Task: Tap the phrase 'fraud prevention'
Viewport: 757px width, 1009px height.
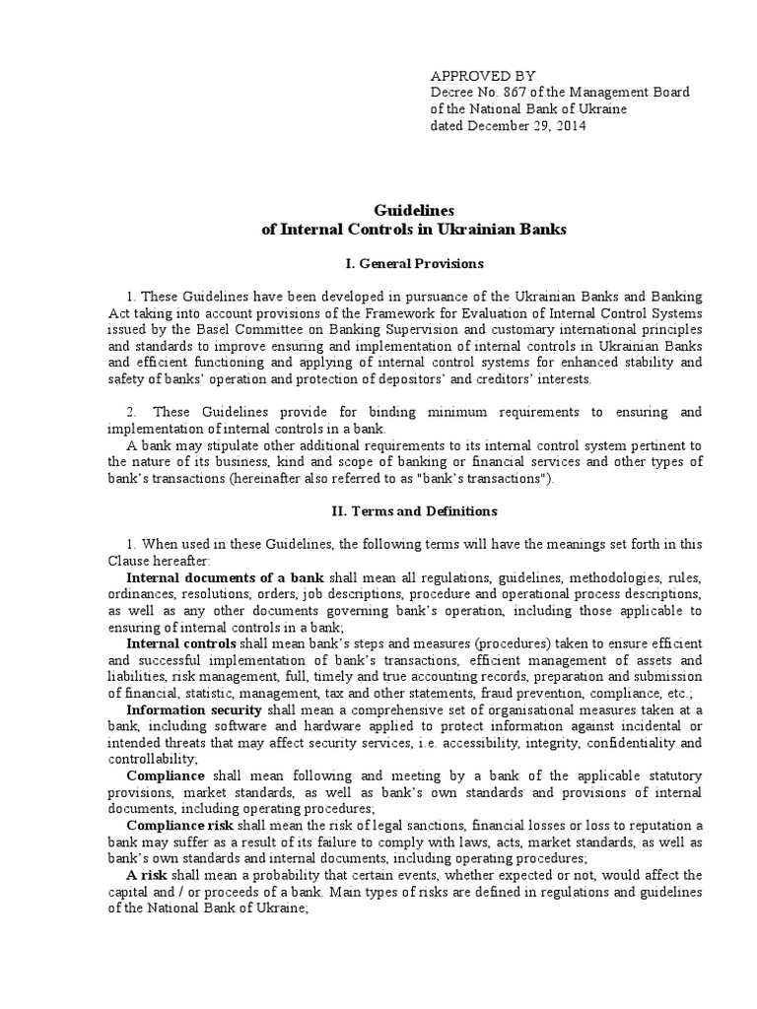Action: pos(516,693)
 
